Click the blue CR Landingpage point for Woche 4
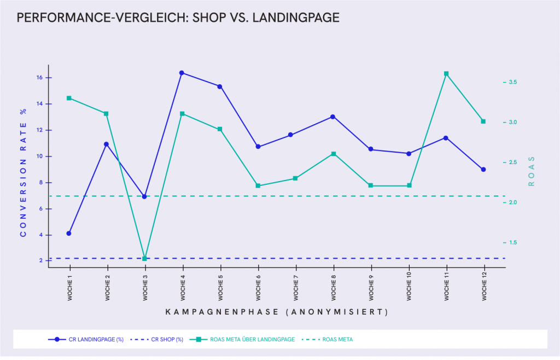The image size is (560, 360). (182, 73)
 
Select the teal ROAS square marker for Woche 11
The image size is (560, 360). (446, 74)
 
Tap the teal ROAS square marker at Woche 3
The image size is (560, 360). (144, 258)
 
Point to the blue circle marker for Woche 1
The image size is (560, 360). (69, 234)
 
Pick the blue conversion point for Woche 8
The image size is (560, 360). (332, 117)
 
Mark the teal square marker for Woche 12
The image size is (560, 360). (483, 121)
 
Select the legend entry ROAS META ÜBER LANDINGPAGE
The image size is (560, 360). (252, 339)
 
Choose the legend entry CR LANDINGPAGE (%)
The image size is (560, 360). (96, 339)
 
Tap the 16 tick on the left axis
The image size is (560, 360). (40, 78)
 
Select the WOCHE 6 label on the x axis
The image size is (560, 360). (258, 287)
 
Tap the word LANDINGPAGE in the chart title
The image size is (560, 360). (300, 18)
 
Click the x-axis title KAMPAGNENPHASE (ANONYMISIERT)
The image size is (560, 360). (276, 312)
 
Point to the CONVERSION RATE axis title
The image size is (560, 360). (23, 172)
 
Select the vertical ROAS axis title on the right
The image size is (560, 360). (530, 171)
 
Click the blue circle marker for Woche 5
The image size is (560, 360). (220, 86)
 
